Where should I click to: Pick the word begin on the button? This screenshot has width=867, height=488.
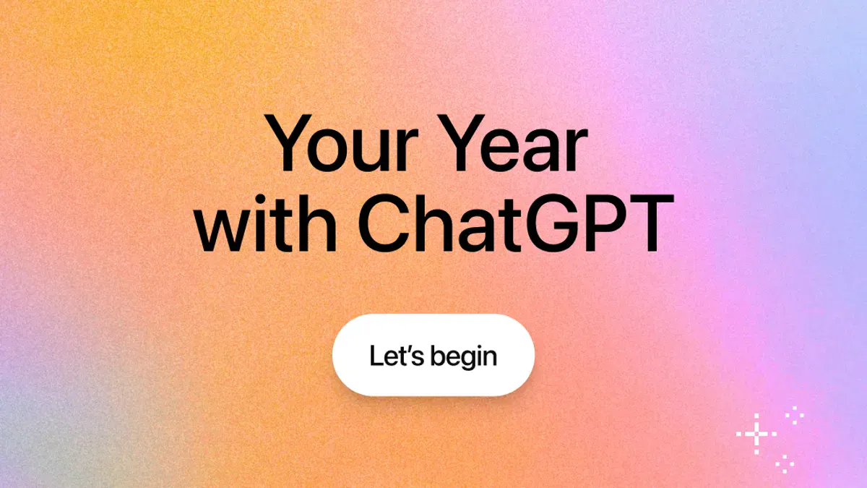coord(463,357)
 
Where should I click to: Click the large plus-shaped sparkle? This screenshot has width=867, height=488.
coord(756,434)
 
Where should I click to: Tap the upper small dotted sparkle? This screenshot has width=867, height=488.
coord(795,414)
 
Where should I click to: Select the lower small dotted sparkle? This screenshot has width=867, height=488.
coord(785,463)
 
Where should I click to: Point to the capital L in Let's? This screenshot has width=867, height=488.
coord(375,356)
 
